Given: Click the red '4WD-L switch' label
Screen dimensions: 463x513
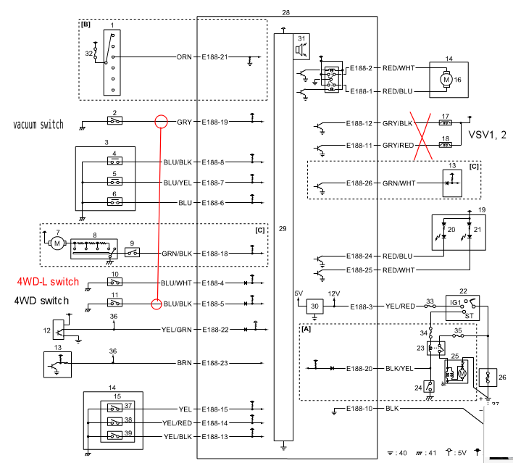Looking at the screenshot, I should coord(49,282).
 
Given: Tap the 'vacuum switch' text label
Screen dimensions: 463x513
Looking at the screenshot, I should coord(38,125).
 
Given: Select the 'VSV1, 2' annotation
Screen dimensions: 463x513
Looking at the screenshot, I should coord(487,135).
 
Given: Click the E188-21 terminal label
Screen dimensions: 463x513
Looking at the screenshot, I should coord(214,56).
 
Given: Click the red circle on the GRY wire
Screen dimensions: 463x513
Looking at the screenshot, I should coord(161,122).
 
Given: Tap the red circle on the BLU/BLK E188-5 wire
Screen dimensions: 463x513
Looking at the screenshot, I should coord(156,304).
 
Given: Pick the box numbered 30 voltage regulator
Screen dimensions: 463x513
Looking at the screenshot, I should coord(314,307).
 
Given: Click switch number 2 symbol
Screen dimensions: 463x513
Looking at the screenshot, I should coord(114,121).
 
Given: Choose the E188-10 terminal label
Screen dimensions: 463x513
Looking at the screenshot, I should coord(360,409).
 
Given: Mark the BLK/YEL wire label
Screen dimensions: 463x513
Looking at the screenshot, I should coord(400,368).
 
